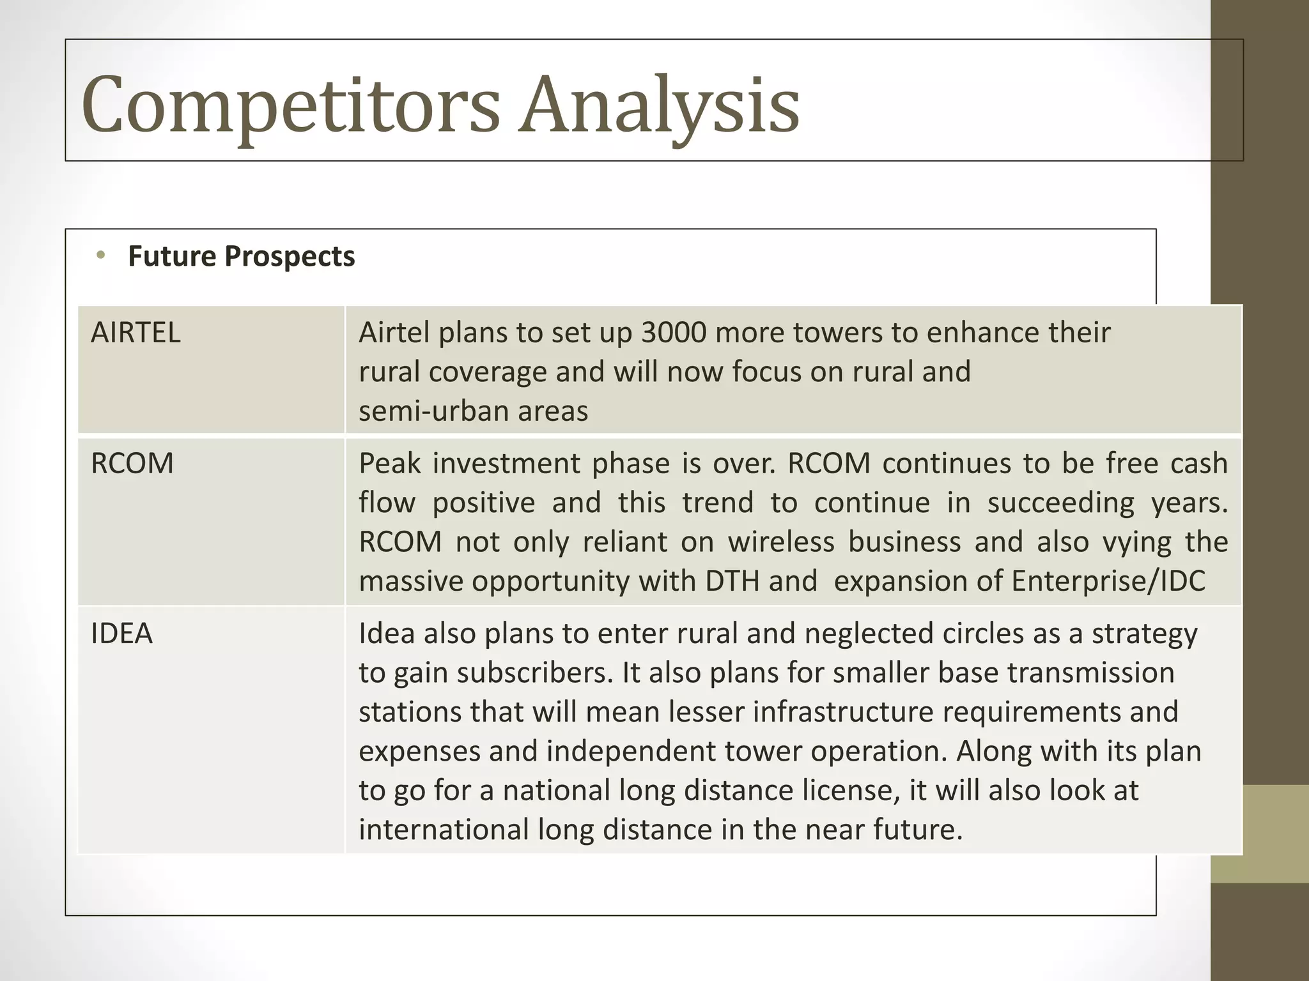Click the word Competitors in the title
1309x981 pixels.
coord(291,105)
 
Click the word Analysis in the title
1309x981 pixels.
coord(658,105)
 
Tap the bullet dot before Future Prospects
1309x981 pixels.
coord(100,256)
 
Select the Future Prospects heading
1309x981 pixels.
coord(241,256)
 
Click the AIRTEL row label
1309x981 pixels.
coord(136,333)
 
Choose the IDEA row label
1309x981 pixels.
coord(122,634)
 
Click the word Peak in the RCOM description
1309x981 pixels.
coord(389,464)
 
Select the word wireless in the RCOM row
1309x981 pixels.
coord(781,542)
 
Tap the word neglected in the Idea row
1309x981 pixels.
coord(869,634)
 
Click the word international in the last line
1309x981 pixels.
coord(444,830)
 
